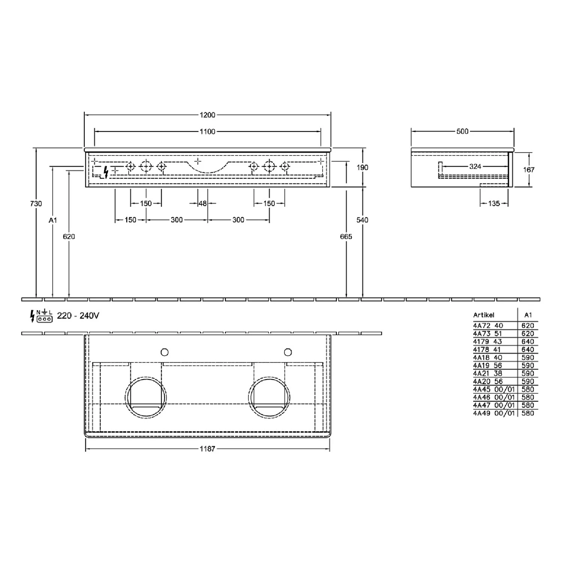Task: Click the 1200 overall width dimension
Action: coord(207,115)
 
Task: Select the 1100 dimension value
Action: coord(207,131)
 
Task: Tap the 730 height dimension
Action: coord(36,203)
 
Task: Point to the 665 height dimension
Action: coord(346,236)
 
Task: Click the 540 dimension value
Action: coord(362,220)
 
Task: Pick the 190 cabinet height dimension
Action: coord(362,167)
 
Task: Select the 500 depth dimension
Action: coord(462,131)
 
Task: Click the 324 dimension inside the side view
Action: coord(475,166)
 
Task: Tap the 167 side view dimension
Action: coord(529,169)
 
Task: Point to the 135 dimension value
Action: coord(494,203)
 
